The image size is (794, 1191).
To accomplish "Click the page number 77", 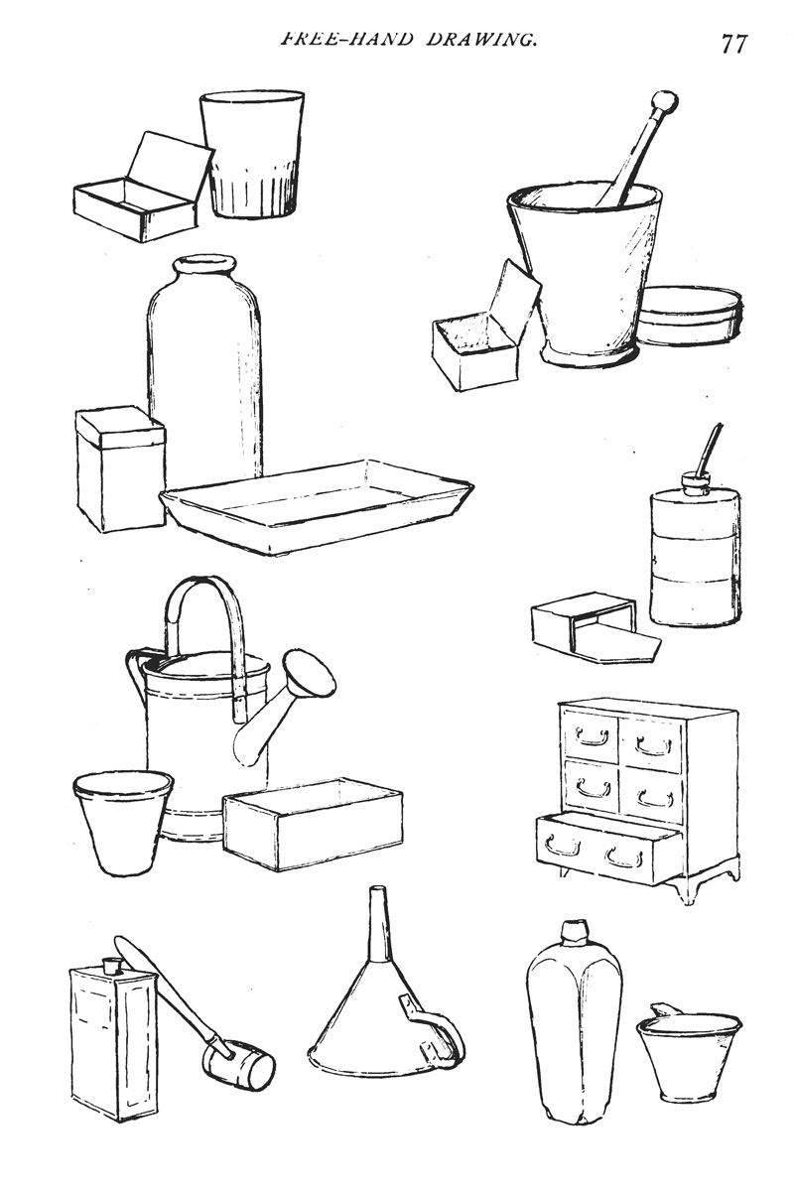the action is point(733,44).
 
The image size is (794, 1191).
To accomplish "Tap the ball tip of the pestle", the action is point(665,100).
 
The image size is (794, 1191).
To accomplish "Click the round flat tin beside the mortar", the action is point(689,316).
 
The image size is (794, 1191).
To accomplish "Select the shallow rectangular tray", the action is point(317,508).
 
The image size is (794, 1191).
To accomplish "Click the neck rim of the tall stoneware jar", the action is point(203,265).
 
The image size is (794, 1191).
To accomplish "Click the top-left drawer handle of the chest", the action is point(592,736).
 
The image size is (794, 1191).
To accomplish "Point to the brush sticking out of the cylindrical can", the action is point(708,450).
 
